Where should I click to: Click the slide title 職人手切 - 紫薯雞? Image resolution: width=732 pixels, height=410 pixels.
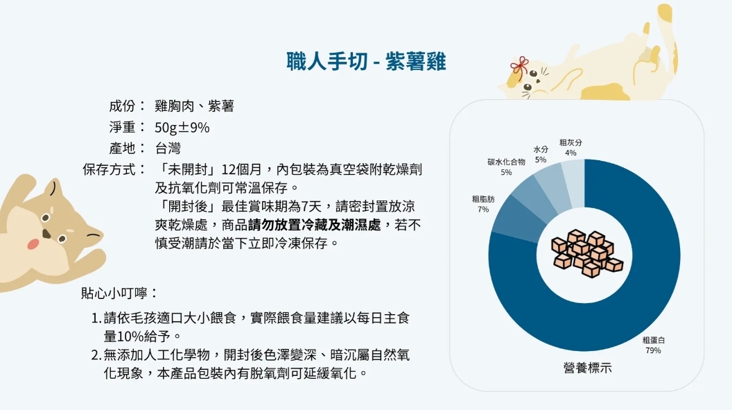coord(366,62)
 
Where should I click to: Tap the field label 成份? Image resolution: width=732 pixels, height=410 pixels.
coord(122,106)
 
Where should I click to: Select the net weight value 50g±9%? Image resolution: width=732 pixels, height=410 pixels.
coord(182,128)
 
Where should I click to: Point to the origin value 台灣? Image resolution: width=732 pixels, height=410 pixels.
coord(168,148)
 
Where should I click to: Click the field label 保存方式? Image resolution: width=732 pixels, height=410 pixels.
coord(109,169)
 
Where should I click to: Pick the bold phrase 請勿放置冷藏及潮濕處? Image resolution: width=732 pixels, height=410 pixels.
coord(314,225)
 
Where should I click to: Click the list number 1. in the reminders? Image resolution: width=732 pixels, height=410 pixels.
coord(96,318)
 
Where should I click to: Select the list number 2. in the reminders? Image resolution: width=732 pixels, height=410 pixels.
coord(96,355)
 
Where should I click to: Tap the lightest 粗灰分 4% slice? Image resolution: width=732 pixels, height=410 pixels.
coord(573,183)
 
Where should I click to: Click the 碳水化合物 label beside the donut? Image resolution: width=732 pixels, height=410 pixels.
coord(506,162)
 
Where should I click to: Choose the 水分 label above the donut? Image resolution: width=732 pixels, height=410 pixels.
coord(541,149)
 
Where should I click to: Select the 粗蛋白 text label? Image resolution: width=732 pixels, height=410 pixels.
coord(654,340)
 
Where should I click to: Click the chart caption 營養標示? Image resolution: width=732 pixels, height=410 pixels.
coord(587,368)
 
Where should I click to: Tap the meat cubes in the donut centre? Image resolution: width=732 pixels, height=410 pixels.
coord(587,253)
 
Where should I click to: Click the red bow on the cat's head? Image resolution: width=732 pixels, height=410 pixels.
coord(520,67)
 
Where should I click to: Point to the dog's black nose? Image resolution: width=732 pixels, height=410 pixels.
coord(46,234)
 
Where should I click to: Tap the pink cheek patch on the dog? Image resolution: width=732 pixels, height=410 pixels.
coord(33,244)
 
